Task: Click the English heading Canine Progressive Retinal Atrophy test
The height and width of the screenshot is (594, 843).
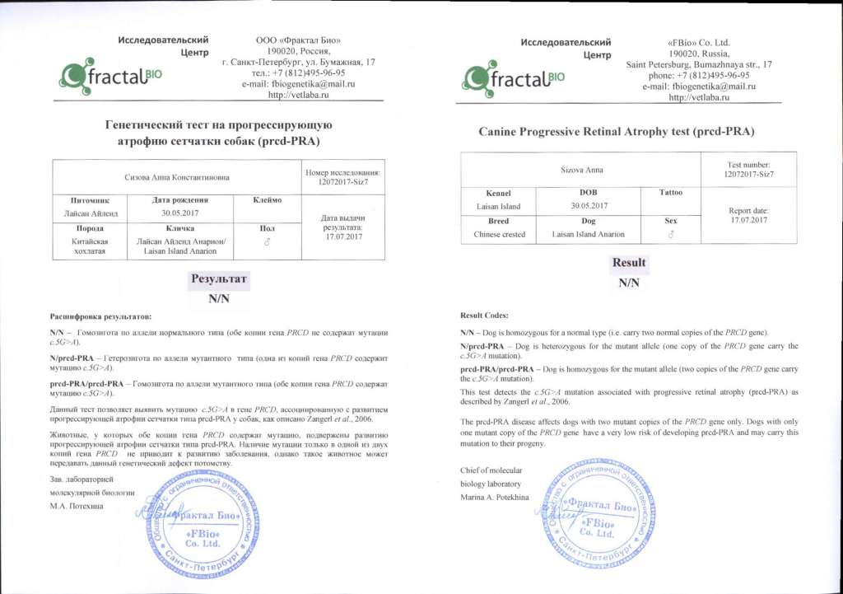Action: click(617, 131)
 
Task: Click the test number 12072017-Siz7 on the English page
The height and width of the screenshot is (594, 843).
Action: click(749, 175)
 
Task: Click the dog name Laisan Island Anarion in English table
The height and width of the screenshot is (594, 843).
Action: click(588, 234)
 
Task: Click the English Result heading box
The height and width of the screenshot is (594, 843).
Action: click(629, 264)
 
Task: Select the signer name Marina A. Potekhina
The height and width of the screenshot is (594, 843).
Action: click(492, 498)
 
